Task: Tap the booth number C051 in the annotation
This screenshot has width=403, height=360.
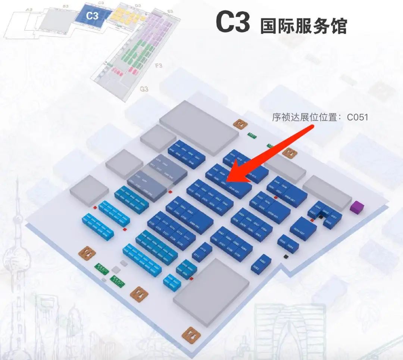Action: click(x=357, y=117)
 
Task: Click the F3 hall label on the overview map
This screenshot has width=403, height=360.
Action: click(x=159, y=66)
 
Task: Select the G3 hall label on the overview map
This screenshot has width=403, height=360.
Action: click(x=144, y=89)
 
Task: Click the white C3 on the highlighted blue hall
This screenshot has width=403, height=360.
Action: click(x=92, y=15)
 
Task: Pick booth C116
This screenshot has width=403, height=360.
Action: click(x=158, y=217)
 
